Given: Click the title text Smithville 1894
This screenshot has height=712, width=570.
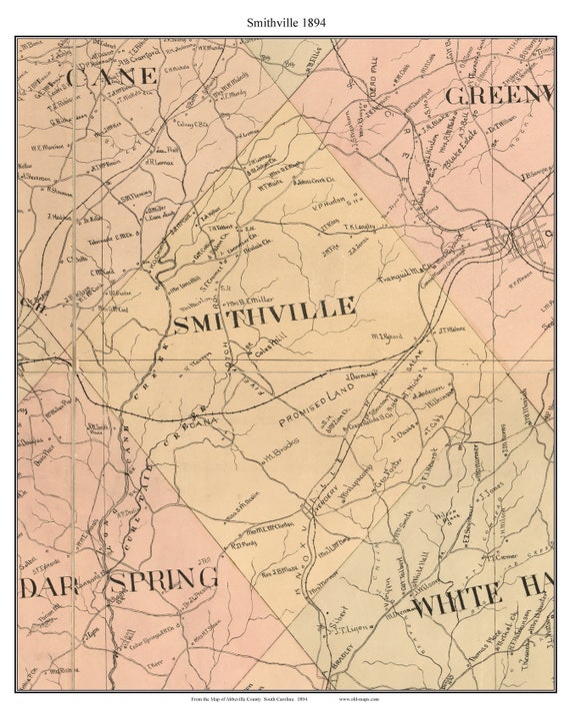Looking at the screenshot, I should coord(285,20).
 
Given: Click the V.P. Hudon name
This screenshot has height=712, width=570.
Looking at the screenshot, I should coord(329,209).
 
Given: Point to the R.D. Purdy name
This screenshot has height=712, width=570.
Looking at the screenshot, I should coord(246,545).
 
